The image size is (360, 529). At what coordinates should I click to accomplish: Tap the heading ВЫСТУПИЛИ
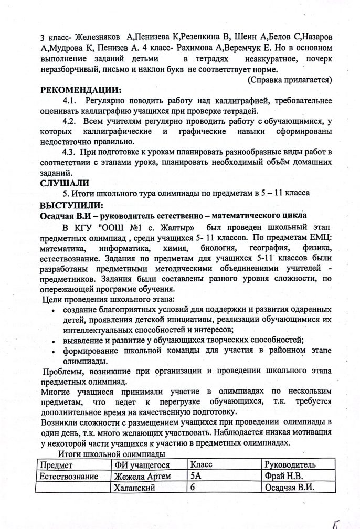coord(71,205)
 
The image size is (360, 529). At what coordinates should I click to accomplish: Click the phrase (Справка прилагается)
coord(289,80)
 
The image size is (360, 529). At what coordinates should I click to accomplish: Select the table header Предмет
coord(58,465)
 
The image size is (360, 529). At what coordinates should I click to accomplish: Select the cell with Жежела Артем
coord(143,477)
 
